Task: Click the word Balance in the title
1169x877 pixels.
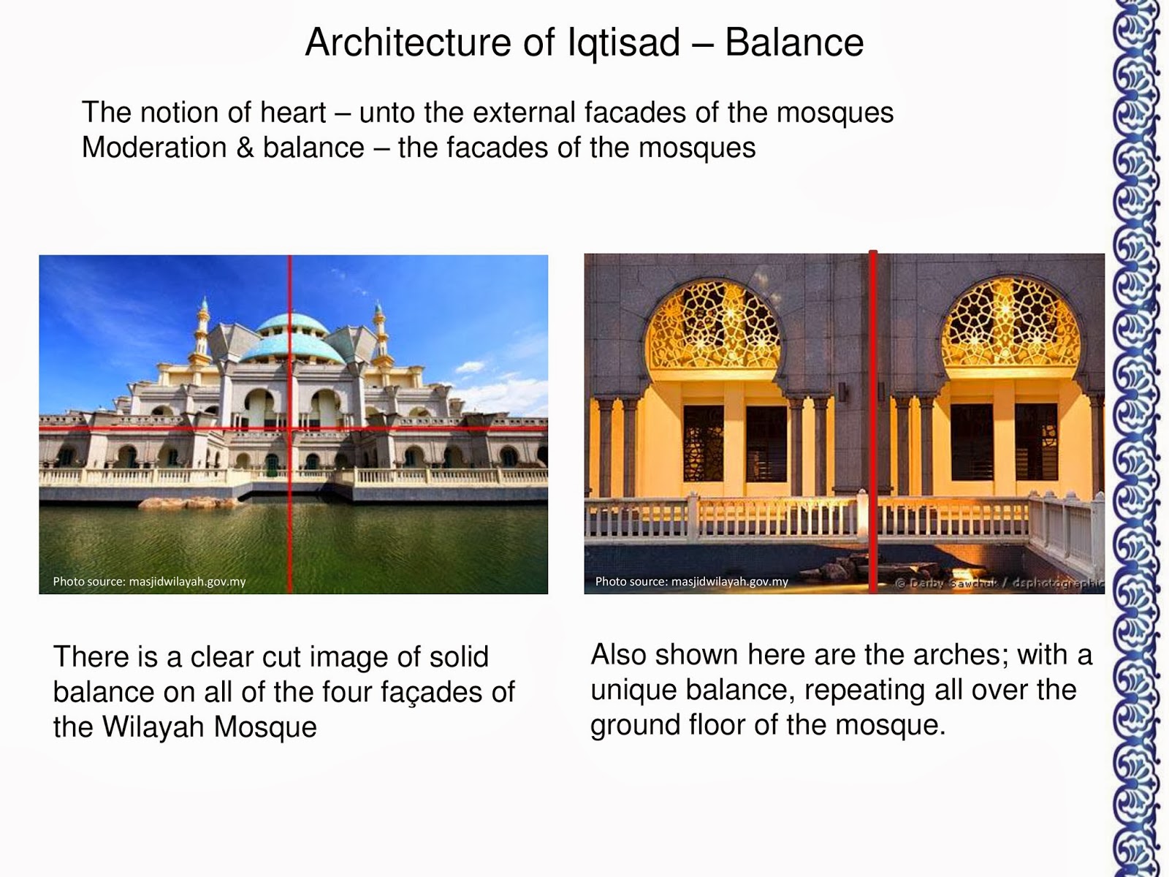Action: click(794, 42)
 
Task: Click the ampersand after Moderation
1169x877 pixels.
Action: click(245, 148)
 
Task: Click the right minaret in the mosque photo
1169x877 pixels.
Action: click(379, 333)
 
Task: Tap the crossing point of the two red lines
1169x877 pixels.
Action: click(290, 428)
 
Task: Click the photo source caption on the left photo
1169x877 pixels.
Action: click(149, 582)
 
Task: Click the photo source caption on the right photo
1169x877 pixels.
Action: click(691, 582)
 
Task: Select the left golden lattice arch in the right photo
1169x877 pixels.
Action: click(712, 326)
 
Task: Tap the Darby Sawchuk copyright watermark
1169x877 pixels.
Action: click(999, 583)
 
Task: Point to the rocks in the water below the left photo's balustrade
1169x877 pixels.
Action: click(186, 503)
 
